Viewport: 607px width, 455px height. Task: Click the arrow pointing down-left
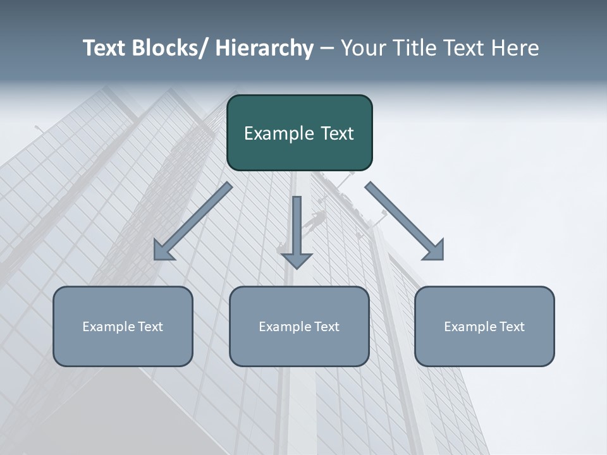(193, 221)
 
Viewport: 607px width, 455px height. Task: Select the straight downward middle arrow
(297, 231)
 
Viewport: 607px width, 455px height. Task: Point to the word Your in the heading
(362, 48)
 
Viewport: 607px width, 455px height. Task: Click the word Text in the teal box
(336, 134)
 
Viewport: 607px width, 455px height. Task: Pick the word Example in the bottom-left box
(108, 327)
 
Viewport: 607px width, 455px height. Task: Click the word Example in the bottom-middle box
(285, 327)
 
